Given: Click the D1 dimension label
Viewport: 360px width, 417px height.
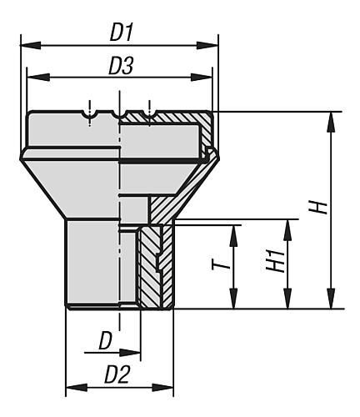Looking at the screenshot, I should [x=122, y=34].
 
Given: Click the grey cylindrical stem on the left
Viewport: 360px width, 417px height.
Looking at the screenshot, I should [x=92, y=263].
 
